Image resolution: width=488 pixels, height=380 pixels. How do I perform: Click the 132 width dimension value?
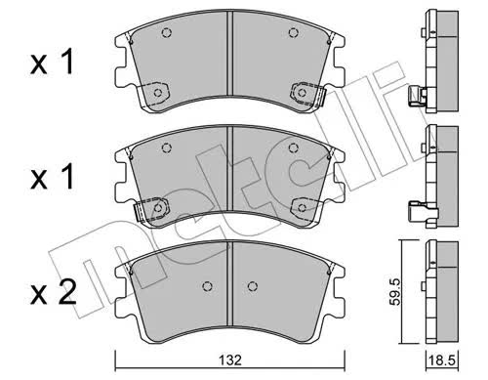pos(230,360)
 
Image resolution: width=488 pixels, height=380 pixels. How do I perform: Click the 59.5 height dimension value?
pos(396,292)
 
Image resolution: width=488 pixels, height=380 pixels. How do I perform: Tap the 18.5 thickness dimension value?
pos(443,360)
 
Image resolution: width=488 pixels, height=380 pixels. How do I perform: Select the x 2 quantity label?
pos(54,292)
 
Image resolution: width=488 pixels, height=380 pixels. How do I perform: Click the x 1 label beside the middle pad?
pos(52,177)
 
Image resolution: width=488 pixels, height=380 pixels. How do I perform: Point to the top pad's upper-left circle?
pos(167,32)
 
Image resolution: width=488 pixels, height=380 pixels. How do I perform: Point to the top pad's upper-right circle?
pos(294,32)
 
